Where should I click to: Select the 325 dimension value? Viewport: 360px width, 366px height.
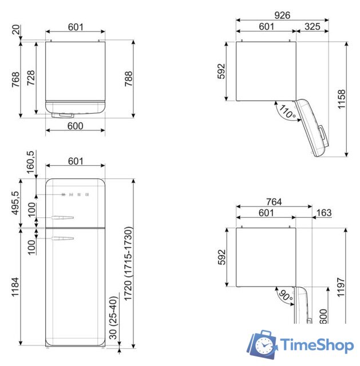tap(311, 26)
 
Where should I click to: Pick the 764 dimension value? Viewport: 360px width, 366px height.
tap(274, 202)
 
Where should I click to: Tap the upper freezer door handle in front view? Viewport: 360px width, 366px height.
tap(63, 217)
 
